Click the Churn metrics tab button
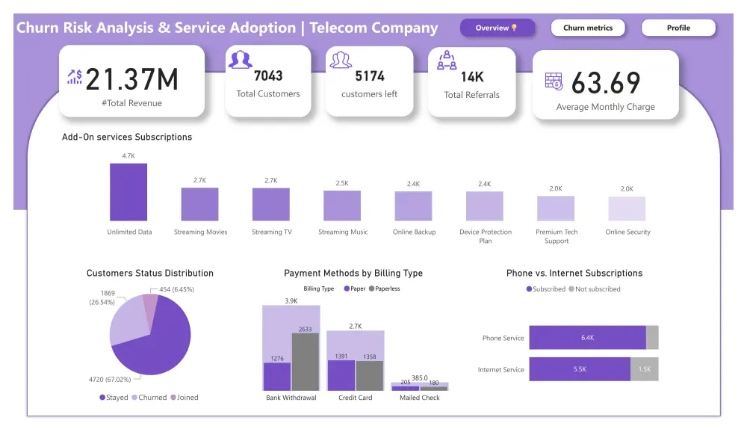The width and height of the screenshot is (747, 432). pyautogui.click(x=588, y=28)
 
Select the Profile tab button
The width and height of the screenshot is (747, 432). pyautogui.click(x=678, y=28)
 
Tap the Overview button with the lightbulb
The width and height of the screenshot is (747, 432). pyautogui.click(x=498, y=28)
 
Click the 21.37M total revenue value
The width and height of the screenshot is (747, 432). pyautogui.click(x=132, y=79)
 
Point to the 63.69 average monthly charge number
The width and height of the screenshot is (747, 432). pyautogui.click(x=606, y=82)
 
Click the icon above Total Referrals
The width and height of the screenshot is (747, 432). pyautogui.click(x=447, y=61)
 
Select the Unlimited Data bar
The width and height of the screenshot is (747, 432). pyautogui.click(x=128, y=192)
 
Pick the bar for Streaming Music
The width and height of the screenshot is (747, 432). pyautogui.click(x=342, y=206)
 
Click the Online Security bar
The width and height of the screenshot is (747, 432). pyautogui.click(x=627, y=209)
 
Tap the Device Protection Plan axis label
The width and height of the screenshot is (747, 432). pyautogui.click(x=485, y=236)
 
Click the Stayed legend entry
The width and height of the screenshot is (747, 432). pyautogui.click(x=114, y=398)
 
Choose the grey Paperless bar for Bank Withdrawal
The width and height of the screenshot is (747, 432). pyautogui.click(x=306, y=362)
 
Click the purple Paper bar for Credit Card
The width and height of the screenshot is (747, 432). pyautogui.click(x=341, y=375)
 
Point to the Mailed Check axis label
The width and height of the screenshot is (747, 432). pyautogui.click(x=419, y=398)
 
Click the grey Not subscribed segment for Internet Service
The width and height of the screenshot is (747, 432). pyautogui.click(x=644, y=369)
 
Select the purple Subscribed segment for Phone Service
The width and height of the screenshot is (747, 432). pyautogui.click(x=587, y=338)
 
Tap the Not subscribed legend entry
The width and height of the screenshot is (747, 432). pyautogui.click(x=595, y=289)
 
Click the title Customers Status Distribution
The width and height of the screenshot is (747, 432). pyautogui.click(x=150, y=274)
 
